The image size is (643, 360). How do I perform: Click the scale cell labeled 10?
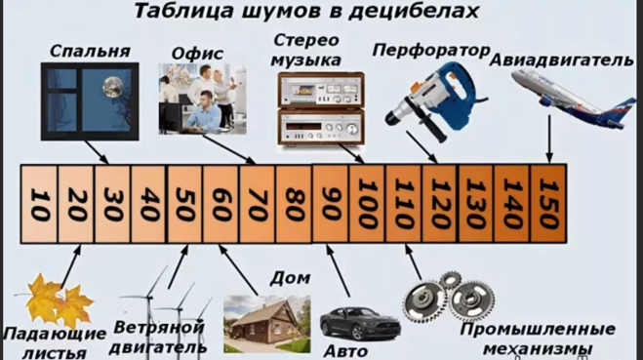(39, 204)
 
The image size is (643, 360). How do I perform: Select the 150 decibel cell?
(548, 204)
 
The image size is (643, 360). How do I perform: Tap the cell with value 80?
(294, 204)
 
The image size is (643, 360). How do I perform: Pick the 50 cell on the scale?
(185, 204)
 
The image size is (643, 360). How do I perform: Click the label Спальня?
(90, 52)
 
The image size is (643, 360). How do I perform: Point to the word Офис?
(197, 54)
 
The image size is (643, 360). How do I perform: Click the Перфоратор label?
(431, 51)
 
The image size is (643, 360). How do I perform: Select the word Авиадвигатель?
(561, 60)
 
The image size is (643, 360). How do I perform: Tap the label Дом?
(290, 278)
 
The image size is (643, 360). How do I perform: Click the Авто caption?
(345, 351)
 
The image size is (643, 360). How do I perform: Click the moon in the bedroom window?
(112, 88)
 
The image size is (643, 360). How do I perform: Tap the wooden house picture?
(267, 324)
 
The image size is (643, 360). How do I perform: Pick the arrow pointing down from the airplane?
(549, 139)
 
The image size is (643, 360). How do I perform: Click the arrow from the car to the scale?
(338, 270)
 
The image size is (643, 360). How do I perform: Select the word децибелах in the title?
(414, 11)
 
